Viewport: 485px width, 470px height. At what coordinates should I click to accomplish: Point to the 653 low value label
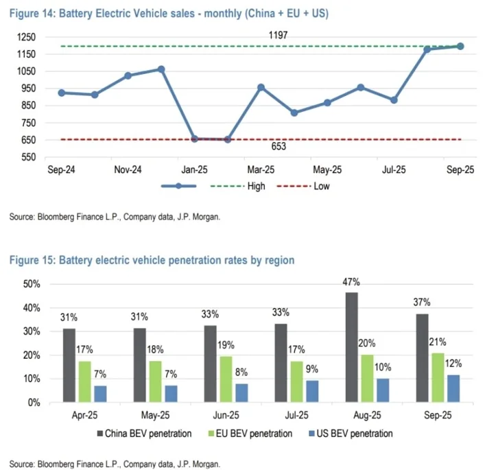pyautogui.click(x=279, y=147)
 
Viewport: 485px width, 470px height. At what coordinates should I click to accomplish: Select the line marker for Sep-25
pyautogui.click(x=460, y=46)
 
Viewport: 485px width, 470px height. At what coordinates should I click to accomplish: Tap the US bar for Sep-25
pyautogui.click(x=453, y=388)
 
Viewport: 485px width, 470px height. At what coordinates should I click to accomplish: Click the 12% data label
pyautogui.click(x=453, y=364)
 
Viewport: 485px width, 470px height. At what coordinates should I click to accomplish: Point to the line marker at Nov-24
pyautogui.click(x=128, y=75)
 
